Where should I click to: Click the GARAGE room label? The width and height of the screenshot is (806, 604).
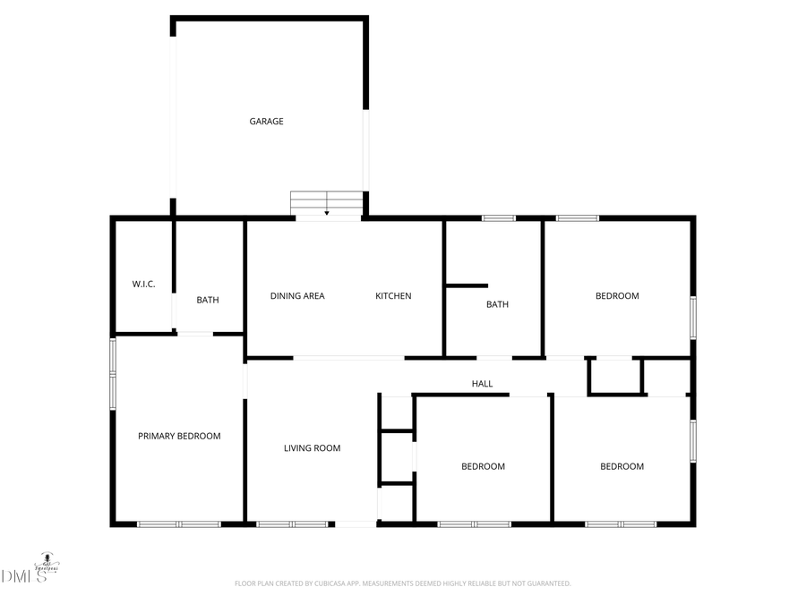point(266,122)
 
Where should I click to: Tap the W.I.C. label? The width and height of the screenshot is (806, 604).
point(143,285)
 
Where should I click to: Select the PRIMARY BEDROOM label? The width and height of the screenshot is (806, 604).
point(179,437)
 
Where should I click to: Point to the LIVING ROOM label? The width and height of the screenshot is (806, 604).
point(312,448)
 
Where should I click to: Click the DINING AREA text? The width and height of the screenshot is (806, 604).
point(297,296)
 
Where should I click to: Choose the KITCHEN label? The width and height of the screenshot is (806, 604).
point(393,296)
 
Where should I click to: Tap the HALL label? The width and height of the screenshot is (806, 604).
point(482,384)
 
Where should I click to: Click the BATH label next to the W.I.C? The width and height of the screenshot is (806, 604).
point(208,301)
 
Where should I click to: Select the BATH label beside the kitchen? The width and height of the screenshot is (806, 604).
point(497,304)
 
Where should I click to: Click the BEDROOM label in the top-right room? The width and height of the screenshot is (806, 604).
point(617,296)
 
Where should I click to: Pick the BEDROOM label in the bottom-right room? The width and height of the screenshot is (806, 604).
point(622,466)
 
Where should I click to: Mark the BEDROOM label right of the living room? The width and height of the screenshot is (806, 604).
point(483,466)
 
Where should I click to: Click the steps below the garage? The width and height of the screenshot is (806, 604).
point(327,202)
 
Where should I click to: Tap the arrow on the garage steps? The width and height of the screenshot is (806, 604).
point(327,211)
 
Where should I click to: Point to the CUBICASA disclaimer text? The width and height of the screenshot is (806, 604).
point(402,583)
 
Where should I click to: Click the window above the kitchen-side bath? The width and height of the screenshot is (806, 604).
point(498,218)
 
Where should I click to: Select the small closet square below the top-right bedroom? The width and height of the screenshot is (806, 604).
point(615,376)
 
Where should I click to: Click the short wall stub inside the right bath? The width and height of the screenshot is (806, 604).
point(467,286)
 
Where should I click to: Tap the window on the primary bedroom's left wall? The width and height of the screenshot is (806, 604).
point(113,373)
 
